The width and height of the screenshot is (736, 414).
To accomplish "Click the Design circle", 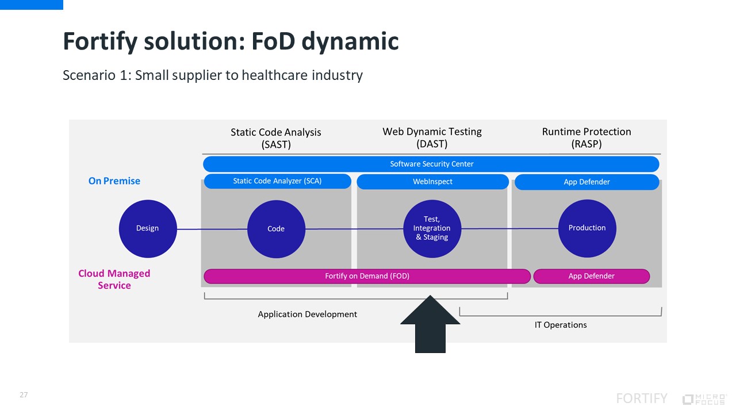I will point(147,228).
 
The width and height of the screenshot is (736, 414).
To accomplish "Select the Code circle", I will point(276,229).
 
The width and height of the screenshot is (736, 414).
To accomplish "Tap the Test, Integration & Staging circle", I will point(432,228).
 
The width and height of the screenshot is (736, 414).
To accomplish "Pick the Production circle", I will point(586,228).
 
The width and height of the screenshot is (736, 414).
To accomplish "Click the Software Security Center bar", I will point(431,164).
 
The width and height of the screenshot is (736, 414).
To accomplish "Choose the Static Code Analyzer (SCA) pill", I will point(277,181).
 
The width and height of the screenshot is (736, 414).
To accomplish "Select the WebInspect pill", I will point(432,182).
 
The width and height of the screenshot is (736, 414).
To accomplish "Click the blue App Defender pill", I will point(586,182).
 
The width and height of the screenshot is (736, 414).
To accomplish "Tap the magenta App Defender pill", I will point(591,276).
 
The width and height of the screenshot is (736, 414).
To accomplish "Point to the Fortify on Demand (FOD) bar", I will point(367,276).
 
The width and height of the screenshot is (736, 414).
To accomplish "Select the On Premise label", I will point(114,181).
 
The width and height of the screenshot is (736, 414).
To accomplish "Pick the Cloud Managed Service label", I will point(114,279).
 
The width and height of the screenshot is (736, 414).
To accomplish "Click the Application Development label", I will point(307,315).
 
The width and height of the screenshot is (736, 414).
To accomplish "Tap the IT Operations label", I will point(561,325).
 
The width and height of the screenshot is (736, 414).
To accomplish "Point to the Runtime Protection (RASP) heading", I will point(586,138).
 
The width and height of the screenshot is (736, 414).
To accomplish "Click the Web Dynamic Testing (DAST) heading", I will point(432,138).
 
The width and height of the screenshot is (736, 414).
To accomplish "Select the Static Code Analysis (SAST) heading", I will point(276,138).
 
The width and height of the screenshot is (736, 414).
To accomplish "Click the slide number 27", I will point(24,395).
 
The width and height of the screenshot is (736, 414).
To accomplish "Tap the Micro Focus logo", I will point(704,399).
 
